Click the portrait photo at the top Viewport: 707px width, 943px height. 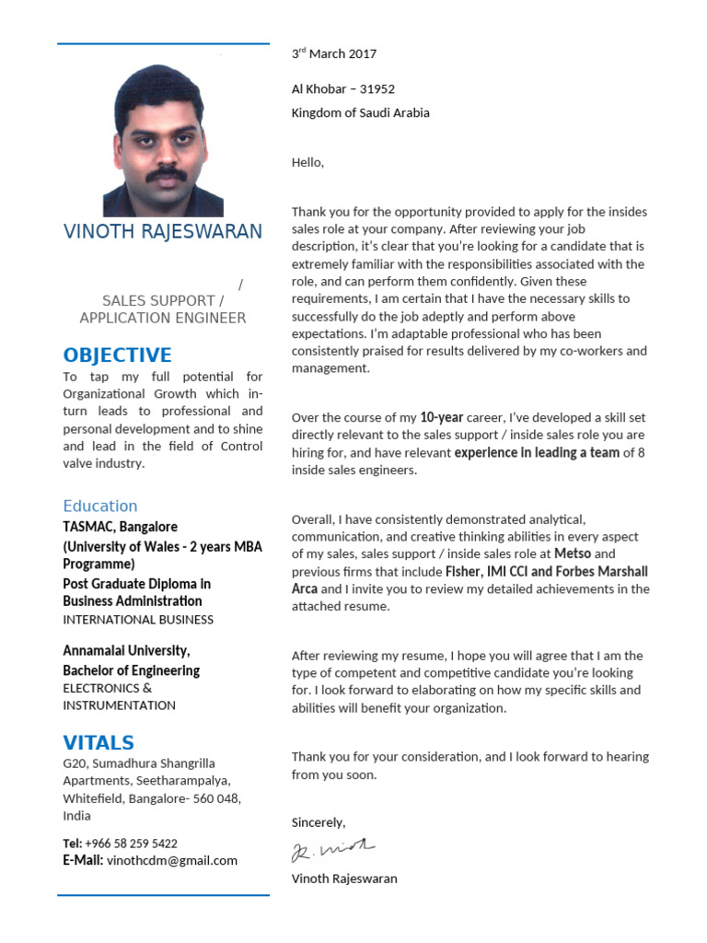coord(163,140)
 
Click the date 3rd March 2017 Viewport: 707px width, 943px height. coord(334,54)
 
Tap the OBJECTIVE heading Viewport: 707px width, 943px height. coord(117,355)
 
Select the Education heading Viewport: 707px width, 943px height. coord(100,506)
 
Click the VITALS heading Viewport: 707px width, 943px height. coord(99,742)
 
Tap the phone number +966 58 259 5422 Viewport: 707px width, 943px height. coord(132,844)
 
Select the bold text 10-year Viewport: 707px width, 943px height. coord(442,417)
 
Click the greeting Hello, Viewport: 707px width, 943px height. coord(308,163)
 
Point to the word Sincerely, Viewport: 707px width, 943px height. coord(319,822)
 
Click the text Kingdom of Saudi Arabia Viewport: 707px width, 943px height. coord(361,113)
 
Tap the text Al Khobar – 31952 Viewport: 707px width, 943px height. coord(343,89)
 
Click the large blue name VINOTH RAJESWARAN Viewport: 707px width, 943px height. coord(163,231)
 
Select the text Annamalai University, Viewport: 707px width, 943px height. coord(126,651)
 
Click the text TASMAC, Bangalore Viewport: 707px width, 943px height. coord(121,528)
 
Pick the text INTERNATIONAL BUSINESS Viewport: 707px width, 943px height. coord(138,620)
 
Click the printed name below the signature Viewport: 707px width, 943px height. coord(344,879)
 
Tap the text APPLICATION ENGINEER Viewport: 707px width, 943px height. coord(163,318)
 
